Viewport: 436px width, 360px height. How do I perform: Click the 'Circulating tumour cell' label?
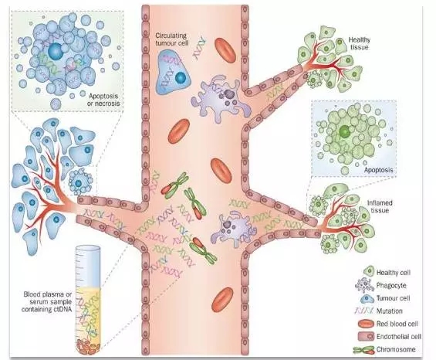[171, 39]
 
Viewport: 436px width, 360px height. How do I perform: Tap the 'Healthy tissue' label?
[360, 43]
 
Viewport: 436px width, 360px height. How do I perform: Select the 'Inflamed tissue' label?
[380, 206]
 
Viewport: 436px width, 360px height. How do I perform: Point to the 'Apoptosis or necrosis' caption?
[104, 100]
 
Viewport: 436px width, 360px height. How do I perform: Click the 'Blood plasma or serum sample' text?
[48, 298]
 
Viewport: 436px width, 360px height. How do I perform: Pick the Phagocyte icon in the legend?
[365, 285]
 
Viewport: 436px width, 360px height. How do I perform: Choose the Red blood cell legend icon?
[366, 324]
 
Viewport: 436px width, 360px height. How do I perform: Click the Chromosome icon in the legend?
[363, 350]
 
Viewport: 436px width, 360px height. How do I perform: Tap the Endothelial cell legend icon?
[367, 336]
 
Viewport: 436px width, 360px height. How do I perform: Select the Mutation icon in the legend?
[364, 311]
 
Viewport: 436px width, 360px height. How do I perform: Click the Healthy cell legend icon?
[369, 271]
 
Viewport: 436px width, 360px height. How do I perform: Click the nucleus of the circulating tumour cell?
[180, 78]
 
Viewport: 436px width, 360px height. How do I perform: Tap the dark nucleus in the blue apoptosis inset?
[55, 51]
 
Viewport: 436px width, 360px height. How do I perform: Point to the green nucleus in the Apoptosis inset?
[344, 131]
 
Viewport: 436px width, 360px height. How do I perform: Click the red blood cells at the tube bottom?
[89, 347]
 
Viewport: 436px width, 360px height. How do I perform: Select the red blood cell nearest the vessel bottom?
[222, 300]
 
